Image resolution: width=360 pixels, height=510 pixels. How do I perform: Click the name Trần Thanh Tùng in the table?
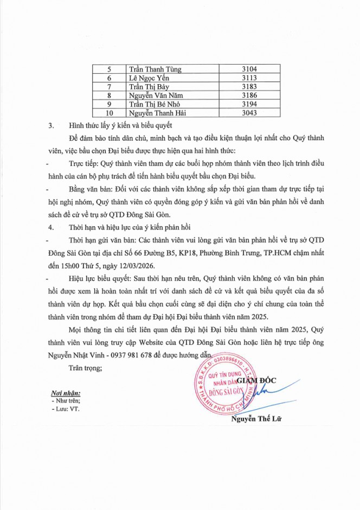[155, 69]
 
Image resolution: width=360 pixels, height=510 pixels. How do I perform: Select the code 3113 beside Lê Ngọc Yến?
[250, 78]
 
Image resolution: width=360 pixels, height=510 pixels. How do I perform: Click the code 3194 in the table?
[250, 104]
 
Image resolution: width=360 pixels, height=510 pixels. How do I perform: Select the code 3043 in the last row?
[250, 113]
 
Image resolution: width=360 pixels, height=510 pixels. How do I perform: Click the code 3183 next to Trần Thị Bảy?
[250, 87]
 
